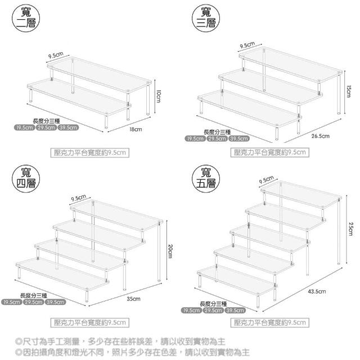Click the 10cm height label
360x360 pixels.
[x=159, y=96]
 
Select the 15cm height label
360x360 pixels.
[x=349, y=91]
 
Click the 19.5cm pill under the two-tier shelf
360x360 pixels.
[x=24, y=127]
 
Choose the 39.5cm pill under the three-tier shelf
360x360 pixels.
[x=238, y=139]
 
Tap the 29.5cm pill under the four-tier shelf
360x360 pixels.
[x=34, y=302]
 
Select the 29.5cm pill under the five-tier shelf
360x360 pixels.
[x=214, y=310]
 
